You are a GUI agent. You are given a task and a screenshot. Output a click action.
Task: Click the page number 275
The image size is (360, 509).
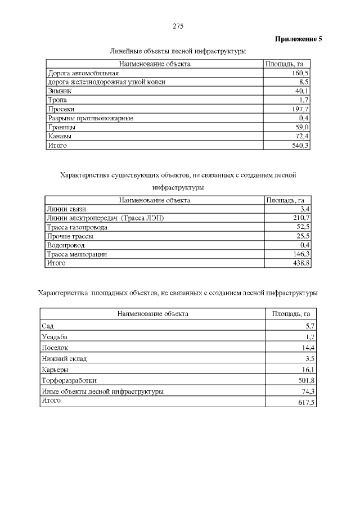(178, 26)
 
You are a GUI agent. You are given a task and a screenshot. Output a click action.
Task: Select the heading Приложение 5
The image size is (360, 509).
(298, 39)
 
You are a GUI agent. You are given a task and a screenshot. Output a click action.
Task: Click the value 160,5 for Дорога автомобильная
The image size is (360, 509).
(300, 73)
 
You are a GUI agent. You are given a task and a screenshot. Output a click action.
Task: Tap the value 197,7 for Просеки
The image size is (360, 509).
(300, 109)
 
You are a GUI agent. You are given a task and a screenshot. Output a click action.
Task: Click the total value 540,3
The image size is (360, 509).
(300, 145)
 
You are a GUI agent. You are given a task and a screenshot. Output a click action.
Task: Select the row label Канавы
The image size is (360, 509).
(60, 136)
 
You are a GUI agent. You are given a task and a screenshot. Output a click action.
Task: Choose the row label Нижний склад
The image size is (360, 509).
(64, 358)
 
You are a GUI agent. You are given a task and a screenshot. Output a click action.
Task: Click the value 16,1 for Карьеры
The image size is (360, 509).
(307, 370)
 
